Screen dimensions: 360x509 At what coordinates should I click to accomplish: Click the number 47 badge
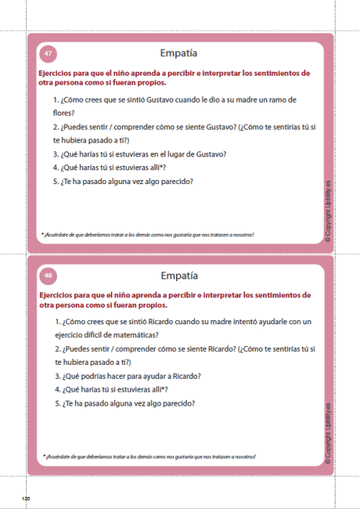click(49, 54)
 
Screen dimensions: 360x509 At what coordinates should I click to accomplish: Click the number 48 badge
click(49, 276)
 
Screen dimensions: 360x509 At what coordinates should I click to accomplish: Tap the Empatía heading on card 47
click(178, 54)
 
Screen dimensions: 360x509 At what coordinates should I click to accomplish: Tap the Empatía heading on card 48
click(178, 276)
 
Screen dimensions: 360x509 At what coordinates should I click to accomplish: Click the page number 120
click(25, 498)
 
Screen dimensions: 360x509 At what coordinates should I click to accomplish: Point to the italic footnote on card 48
click(149, 457)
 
